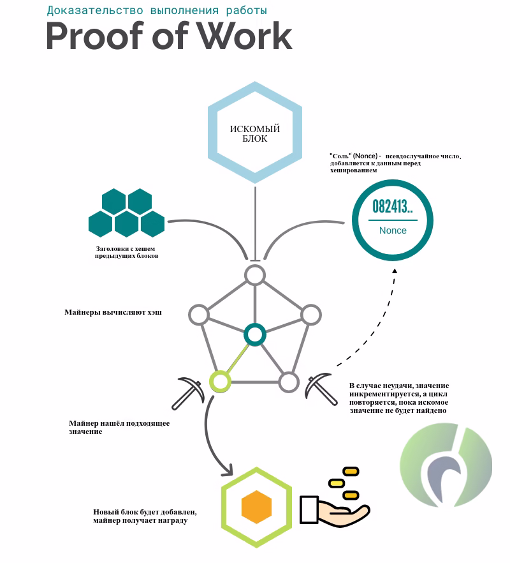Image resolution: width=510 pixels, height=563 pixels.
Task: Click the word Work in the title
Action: (245, 36)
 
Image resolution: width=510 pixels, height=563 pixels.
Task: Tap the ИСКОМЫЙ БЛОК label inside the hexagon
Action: (254, 133)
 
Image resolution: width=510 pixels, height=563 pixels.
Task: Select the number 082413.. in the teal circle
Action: (392, 206)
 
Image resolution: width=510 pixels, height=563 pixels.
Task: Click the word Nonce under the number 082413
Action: (393, 230)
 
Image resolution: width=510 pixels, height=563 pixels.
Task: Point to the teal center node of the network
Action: (254, 334)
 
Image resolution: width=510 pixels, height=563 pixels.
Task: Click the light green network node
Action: (220, 381)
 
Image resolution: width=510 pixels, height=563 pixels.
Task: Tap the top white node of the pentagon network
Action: (255, 275)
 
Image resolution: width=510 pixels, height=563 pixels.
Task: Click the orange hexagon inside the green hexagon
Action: (256, 507)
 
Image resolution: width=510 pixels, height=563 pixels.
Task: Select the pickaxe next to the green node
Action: (188, 393)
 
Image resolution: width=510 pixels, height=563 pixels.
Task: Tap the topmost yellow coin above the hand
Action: (351, 471)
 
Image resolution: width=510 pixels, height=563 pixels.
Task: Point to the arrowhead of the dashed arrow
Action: (395, 271)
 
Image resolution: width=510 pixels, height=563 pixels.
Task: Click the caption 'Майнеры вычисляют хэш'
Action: (113, 312)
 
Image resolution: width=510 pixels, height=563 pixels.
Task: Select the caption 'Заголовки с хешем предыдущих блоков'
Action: (126, 252)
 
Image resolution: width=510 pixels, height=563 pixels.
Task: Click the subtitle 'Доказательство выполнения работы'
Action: (157, 10)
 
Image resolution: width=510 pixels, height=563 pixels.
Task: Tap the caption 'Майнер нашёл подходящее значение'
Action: (119, 427)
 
